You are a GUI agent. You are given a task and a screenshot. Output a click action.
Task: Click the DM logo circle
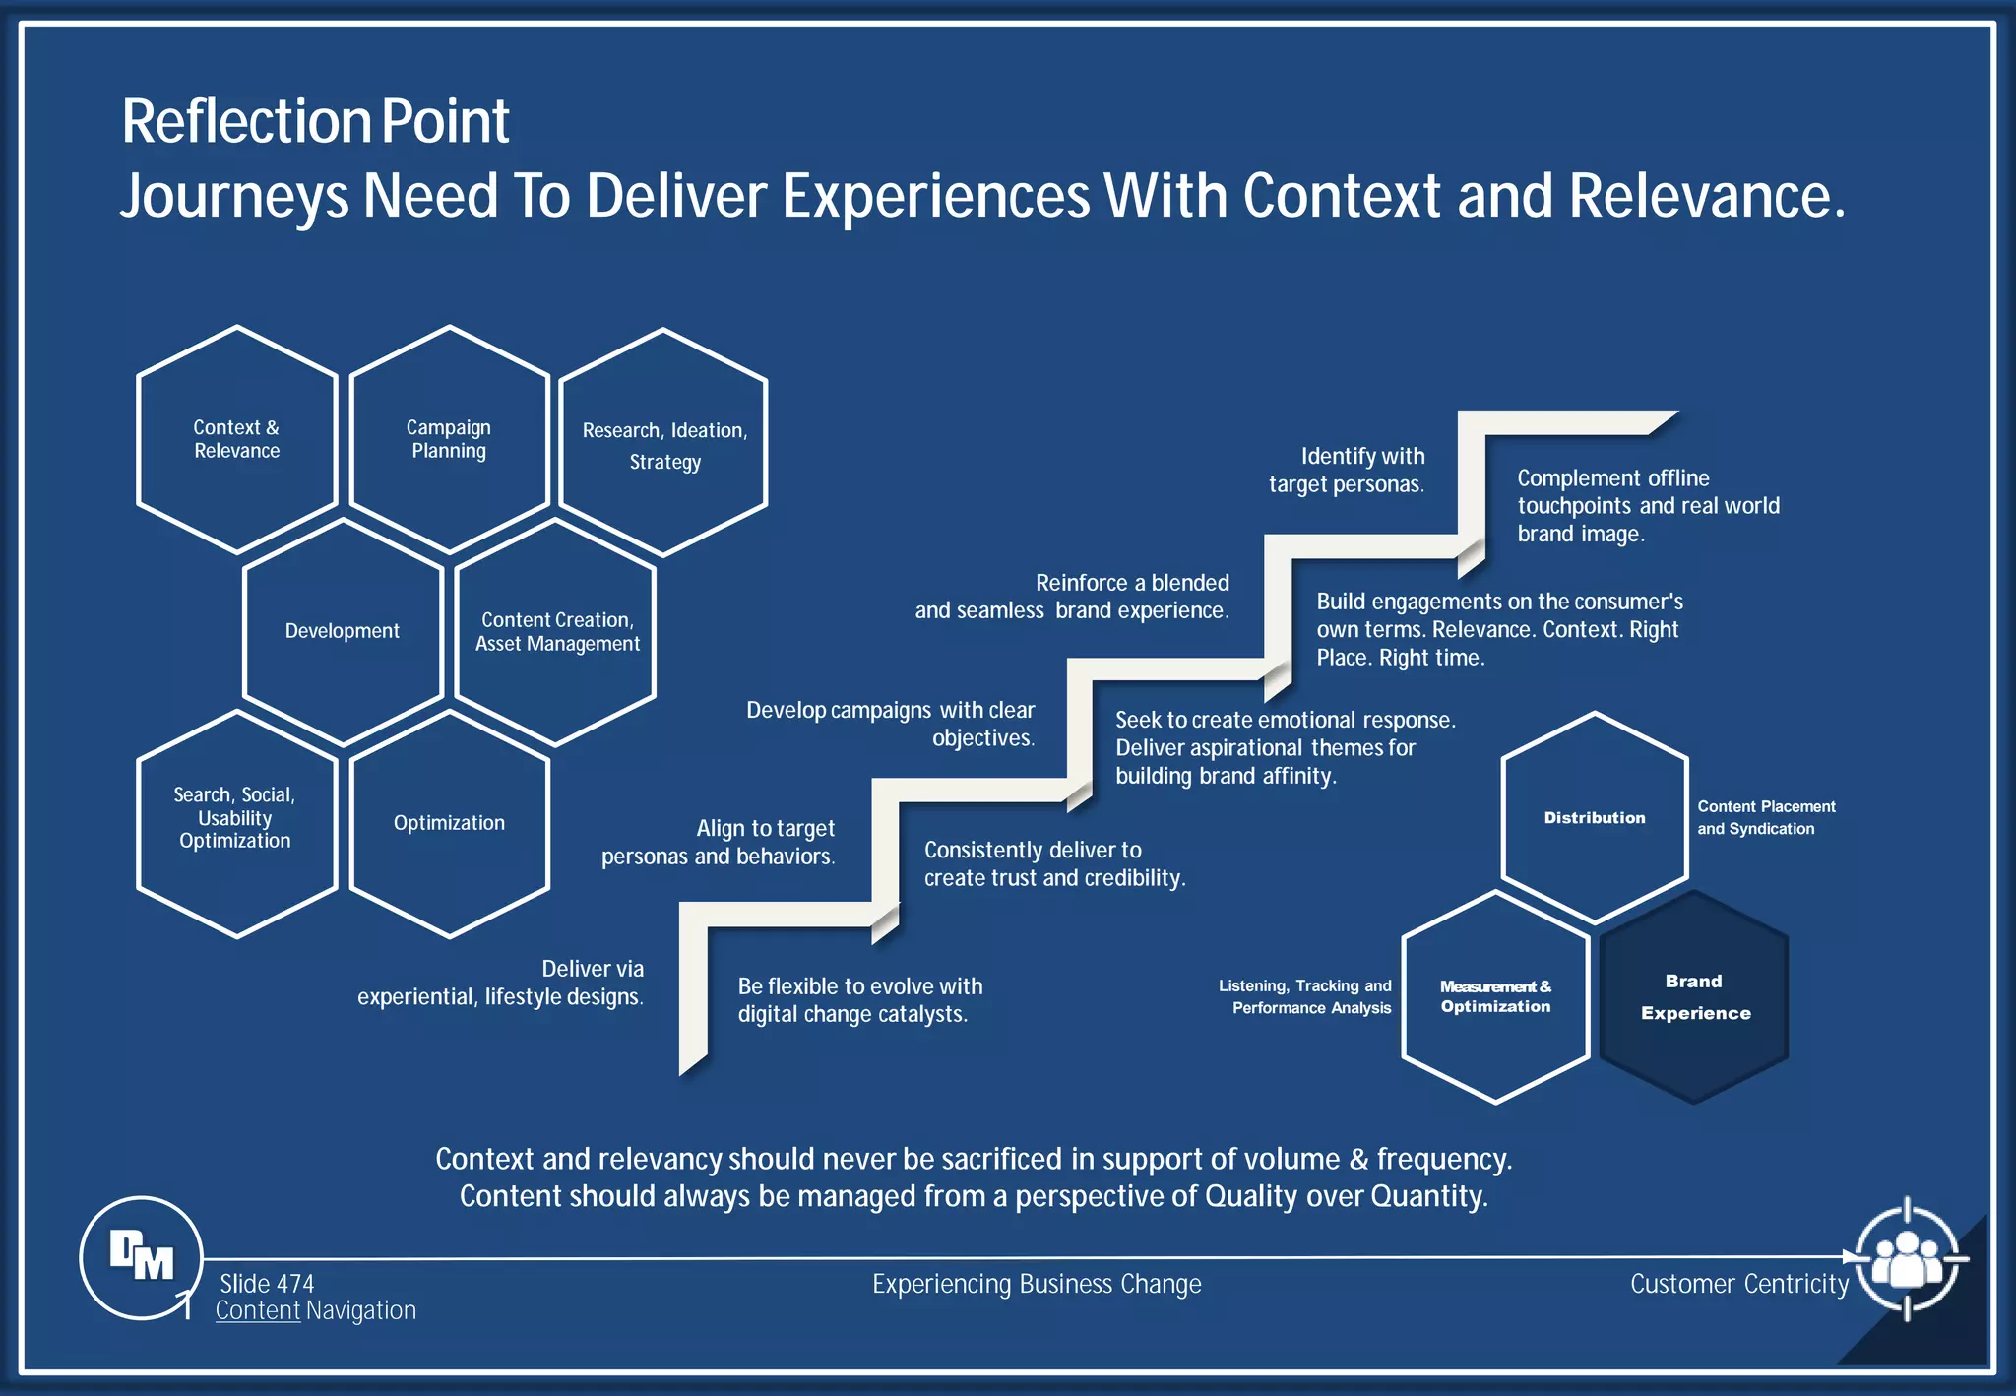pyautogui.click(x=142, y=1257)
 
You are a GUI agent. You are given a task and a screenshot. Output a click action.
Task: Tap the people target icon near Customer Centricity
pyautogui.click(x=1907, y=1258)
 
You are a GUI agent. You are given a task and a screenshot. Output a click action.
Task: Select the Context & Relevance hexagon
pyautogui.click(x=236, y=439)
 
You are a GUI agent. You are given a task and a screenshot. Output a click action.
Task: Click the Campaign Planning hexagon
pyautogui.click(x=449, y=439)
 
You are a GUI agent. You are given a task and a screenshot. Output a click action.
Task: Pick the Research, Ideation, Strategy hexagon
pyautogui.click(x=663, y=444)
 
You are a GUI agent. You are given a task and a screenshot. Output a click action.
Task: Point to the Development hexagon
pyautogui.click(x=343, y=631)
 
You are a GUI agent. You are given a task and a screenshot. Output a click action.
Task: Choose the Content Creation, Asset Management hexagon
pyautogui.click(x=556, y=631)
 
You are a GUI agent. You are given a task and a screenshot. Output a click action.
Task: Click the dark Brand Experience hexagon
pyautogui.click(x=1694, y=996)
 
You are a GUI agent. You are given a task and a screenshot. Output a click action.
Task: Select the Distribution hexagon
pyautogui.click(x=1595, y=818)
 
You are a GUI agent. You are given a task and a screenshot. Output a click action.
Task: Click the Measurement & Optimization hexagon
pyautogui.click(x=1495, y=996)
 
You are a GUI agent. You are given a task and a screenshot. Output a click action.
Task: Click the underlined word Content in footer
pyautogui.click(x=258, y=1310)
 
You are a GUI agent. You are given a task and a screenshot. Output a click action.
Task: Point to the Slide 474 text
pyautogui.click(x=267, y=1284)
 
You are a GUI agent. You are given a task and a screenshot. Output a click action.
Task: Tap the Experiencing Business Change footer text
pyautogui.click(x=1037, y=1284)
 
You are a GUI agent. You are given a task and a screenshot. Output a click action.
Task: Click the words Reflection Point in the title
pyautogui.click(x=315, y=121)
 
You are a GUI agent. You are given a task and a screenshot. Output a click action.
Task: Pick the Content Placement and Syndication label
pyautogui.click(x=1765, y=817)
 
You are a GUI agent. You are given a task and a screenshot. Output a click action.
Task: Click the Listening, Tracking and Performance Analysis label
pyautogui.click(x=1305, y=996)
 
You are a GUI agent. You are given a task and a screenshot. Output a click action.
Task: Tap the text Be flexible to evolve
pyautogui.click(x=859, y=986)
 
